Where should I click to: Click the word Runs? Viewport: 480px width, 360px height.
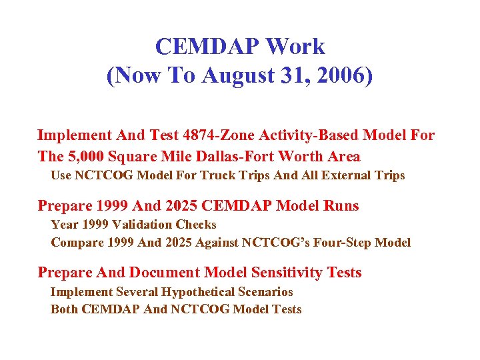341,205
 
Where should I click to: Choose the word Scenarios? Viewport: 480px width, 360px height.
265,292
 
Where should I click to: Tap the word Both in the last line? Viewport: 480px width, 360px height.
65,309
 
